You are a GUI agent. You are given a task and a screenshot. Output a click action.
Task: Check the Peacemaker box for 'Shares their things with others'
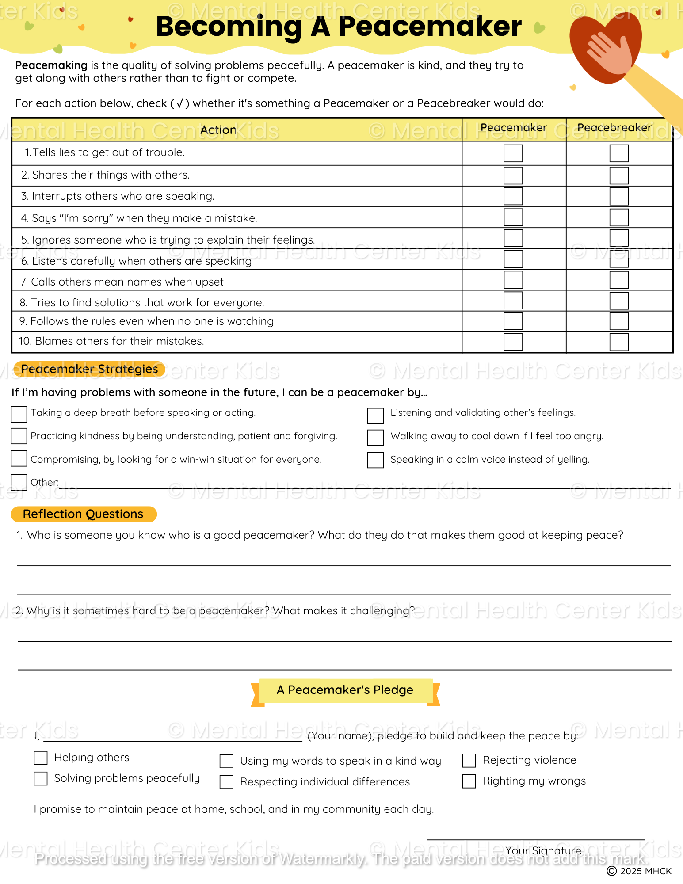click(513, 175)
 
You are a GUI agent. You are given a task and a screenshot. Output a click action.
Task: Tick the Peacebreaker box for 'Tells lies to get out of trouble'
click(618, 153)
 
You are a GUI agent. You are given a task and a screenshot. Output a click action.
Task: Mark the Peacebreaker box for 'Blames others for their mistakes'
click(618, 342)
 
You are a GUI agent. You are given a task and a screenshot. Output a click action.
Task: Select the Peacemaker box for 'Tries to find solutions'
click(513, 301)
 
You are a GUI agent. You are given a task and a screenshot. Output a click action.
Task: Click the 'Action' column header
click(218, 130)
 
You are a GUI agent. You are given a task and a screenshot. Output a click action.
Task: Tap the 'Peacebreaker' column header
click(614, 128)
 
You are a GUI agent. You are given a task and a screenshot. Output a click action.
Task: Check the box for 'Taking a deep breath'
click(19, 414)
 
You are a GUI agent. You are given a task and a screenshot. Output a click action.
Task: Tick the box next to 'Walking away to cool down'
click(375, 437)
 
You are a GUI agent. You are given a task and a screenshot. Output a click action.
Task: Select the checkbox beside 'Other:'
click(19, 482)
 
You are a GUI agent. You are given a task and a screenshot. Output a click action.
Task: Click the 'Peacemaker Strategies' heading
click(89, 369)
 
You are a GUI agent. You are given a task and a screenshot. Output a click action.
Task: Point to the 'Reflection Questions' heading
click(83, 514)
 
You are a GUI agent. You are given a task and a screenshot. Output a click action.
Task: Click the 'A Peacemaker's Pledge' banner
click(345, 690)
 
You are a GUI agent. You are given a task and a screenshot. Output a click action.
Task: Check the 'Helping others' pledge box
click(41, 758)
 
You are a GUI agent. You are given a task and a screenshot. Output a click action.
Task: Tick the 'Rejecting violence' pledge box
click(469, 760)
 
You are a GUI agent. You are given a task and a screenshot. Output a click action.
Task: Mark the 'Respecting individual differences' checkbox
click(226, 782)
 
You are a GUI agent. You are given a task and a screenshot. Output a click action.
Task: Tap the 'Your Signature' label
click(543, 850)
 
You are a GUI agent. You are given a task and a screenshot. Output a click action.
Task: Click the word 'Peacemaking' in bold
click(51, 65)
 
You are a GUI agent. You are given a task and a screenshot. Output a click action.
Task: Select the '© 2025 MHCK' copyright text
click(639, 871)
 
